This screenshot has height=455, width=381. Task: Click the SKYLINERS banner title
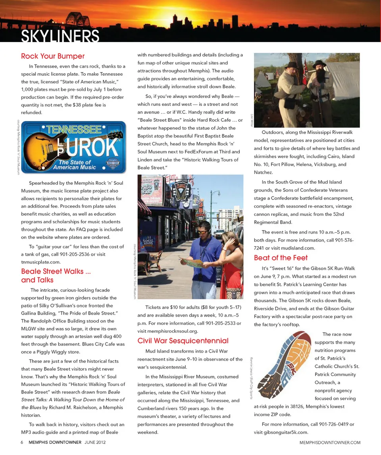click(x=60, y=36)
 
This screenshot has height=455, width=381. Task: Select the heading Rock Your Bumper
click(x=53, y=56)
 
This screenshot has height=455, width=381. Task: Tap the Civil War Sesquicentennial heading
click(x=183, y=340)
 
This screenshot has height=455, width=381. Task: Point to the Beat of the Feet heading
click(x=281, y=258)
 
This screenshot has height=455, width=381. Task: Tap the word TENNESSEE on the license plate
click(x=74, y=129)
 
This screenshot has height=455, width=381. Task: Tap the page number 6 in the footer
click(x=22, y=442)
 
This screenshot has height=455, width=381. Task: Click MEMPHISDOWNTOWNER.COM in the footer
click(x=330, y=442)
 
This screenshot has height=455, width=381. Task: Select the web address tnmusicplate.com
click(x=41, y=262)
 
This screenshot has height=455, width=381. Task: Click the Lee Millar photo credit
click(x=251, y=119)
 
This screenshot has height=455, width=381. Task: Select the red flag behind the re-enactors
click(x=305, y=71)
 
